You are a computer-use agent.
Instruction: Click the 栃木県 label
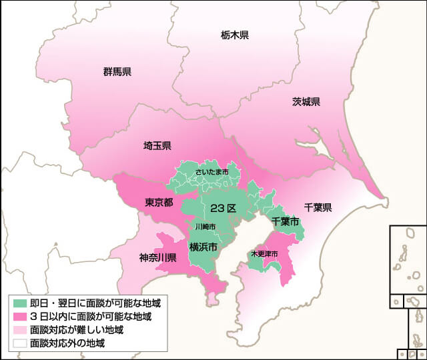tap(234, 35)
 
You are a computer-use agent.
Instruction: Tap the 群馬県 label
tap(117, 71)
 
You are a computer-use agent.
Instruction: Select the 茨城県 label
tap(306, 102)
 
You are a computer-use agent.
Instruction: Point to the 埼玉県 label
tap(157, 145)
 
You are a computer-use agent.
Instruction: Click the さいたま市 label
tap(212, 173)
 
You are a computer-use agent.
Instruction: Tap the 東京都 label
tap(159, 202)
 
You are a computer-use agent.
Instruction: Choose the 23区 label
tap(223, 209)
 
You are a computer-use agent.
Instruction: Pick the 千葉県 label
tap(318, 207)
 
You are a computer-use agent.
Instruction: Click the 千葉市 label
tap(285, 221)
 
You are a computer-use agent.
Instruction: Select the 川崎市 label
tap(205, 227)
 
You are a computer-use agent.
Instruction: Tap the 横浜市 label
tap(203, 247)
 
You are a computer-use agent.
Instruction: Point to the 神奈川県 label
tap(157, 257)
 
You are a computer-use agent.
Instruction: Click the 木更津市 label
tap(264, 254)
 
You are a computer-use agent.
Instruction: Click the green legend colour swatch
tap(19, 303)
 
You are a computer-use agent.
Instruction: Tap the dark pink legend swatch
tap(19, 316)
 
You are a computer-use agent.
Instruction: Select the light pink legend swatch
tap(19, 330)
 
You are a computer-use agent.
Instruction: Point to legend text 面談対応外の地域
tap(67, 344)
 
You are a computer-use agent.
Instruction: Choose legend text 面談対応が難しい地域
tap(77, 330)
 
